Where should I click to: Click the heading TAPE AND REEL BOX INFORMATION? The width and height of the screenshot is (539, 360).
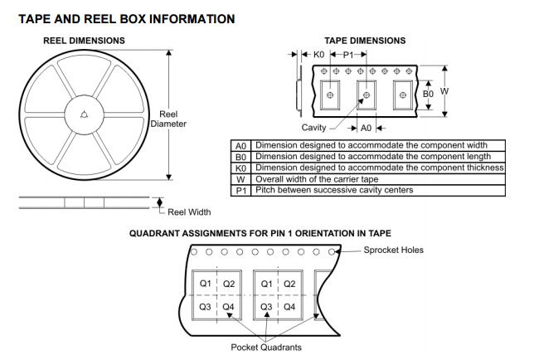pyautogui.click(x=126, y=18)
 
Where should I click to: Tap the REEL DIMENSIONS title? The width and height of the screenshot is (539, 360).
pyautogui.click(x=84, y=41)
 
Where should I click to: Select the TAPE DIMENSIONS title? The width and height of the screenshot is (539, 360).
pyautogui.click(x=365, y=41)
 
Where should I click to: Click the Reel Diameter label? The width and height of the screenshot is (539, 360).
pyautogui.click(x=168, y=119)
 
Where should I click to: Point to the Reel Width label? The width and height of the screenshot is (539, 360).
pyautogui.click(x=189, y=212)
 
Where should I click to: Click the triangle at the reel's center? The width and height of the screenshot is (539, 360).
pyautogui.click(x=85, y=114)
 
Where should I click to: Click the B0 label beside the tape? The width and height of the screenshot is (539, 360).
pyautogui.click(x=428, y=95)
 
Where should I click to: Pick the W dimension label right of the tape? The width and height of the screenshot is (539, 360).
pyautogui.click(x=445, y=91)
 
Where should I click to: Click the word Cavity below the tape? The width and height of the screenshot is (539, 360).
pyautogui.click(x=314, y=128)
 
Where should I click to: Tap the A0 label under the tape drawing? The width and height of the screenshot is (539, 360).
pyautogui.click(x=366, y=128)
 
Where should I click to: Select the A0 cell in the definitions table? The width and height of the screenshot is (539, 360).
pyautogui.click(x=241, y=145)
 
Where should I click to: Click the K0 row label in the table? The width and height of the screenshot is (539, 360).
pyautogui.click(x=241, y=168)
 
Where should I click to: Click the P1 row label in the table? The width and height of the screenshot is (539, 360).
pyautogui.click(x=241, y=190)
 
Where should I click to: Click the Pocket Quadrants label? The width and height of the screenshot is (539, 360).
pyautogui.click(x=266, y=347)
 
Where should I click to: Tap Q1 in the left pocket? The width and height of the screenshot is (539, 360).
pyautogui.click(x=205, y=284)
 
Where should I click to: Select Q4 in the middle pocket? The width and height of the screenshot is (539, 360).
pyautogui.click(x=289, y=307)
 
